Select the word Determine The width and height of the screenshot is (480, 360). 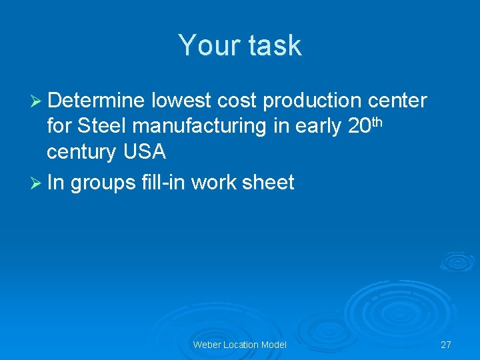(x=96, y=101)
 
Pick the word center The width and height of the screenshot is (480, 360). (x=398, y=101)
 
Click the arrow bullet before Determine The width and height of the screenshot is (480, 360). (x=37, y=101)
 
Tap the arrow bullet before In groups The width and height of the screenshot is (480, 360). (x=37, y=183)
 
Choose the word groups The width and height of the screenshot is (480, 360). (x=103, y=183)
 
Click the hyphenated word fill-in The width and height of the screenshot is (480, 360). (x=163, y=182)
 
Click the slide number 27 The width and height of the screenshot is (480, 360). (x=446, y=345)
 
